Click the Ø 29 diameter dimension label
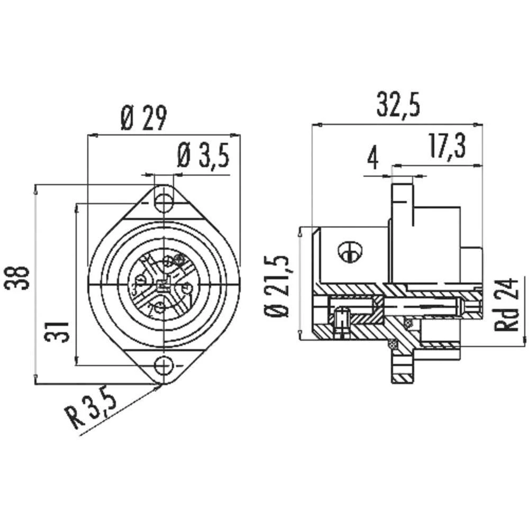(143, 118)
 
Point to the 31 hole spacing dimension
(58, 324)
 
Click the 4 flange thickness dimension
(373, 158)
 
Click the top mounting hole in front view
(163, 202)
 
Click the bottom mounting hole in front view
(163, 366)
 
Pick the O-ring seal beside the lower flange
(392, 344)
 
